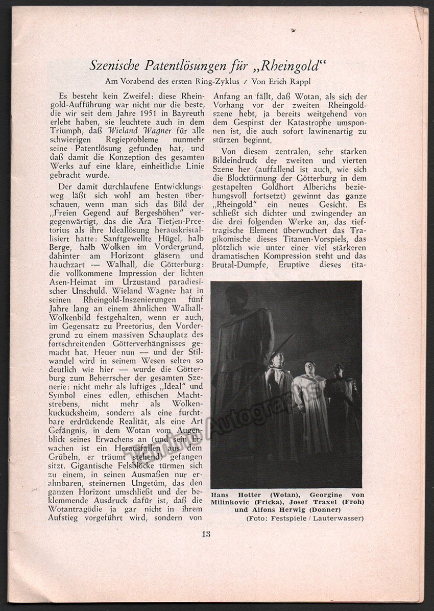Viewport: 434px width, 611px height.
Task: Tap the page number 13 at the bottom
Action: [206, 535]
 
